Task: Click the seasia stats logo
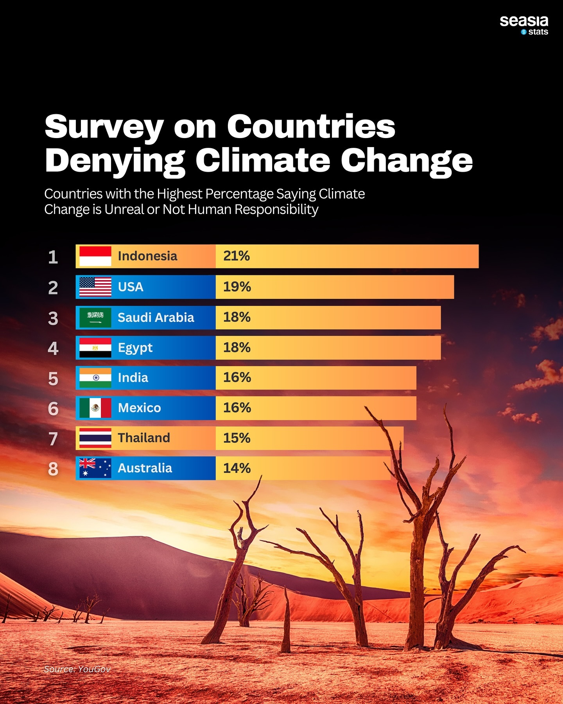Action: tap(524, 25)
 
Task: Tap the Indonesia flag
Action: tap(95, 256)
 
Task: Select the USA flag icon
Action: tap(95, 287)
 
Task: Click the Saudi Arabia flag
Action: tap(95, 317)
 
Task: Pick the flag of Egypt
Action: tap(95, 348)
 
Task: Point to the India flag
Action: tap(95, 378)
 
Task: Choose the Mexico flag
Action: tap(95, 408)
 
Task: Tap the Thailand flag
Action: tap(95, 438)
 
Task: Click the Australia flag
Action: tap(95, 468)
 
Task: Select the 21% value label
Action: tap(237, 256)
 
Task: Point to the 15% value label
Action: tap(237, 438)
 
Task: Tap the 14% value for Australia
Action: tap(237, 468)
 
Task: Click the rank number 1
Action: tap(53, 257)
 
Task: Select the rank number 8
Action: tap(53, 469)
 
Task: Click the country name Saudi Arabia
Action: tap(156, 317)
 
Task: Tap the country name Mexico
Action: tap(139, 408)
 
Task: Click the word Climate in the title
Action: tap(263, 160)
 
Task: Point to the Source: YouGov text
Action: tap(77, 669)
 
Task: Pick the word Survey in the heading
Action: tap(104, 127)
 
